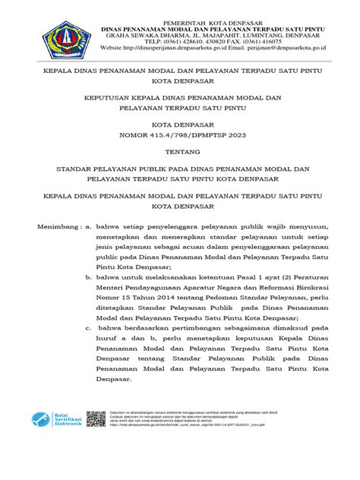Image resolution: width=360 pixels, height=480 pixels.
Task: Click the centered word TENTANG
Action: [x=180, y=151]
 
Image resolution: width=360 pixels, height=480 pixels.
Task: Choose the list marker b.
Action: [x=89, y=279]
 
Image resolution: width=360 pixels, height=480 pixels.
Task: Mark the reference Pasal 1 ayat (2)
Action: [x=254, y=279]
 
